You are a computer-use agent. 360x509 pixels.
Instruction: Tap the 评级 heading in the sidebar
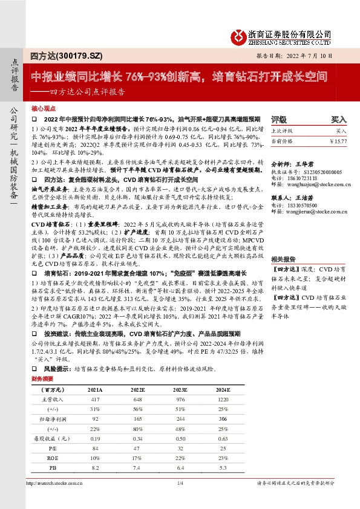click(279, 119)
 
